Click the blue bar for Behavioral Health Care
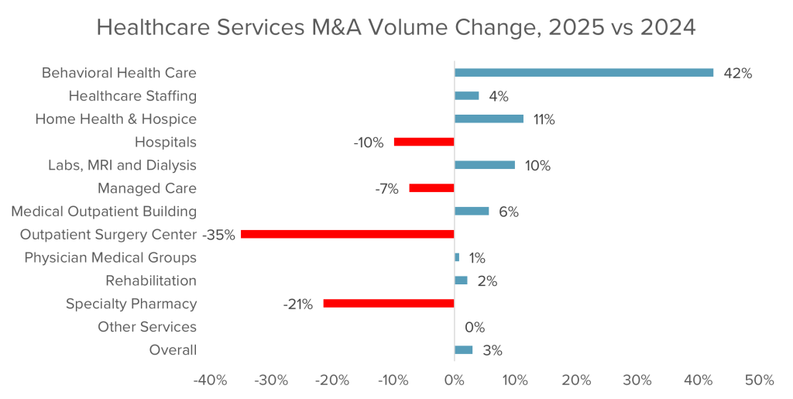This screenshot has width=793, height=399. [x=584, y=73]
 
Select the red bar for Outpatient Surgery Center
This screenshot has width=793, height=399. [x=348, y=234]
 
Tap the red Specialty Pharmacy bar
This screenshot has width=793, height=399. [x=389, y=304]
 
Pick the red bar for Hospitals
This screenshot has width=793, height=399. [x=424, y=142]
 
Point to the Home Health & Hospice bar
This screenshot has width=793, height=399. [x=489, y=119]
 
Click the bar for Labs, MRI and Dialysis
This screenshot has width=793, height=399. [x=485, y=165]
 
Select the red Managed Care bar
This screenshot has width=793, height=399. [x=432, y=188]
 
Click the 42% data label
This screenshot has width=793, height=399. [x=737, y=74]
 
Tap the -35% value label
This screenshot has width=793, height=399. [x=218, y=235]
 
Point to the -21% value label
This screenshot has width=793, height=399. [x=298, y=304]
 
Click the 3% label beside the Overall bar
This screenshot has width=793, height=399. [x=493, y=350]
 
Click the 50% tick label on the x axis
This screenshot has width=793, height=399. [x=759, y=380]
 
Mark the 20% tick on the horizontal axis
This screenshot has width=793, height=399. [x=576, y=380]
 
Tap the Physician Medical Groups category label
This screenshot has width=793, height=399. [x=110, y=257]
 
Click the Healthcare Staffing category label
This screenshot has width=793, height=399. [x=132, y=96]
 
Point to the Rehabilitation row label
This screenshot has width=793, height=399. [x=151, y=280]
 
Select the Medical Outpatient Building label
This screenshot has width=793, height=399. [x=104, y=212]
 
